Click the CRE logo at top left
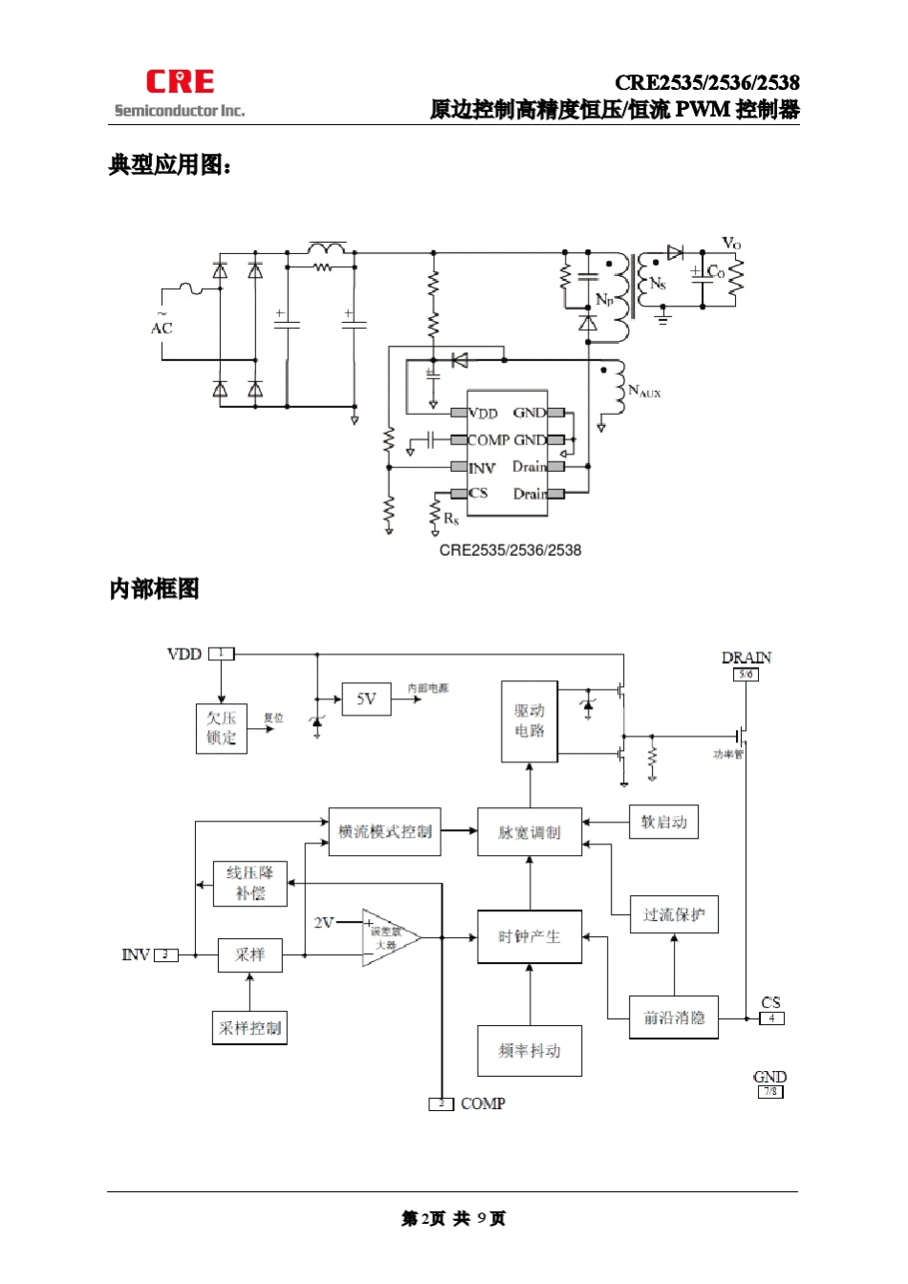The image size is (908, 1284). click(x=180, y=82)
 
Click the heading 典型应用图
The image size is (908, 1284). click(x=170, y=165)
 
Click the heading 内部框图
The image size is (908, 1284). click(x=154, y=589)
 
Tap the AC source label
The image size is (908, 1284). click(x=162, y=328)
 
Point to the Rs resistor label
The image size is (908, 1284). click(x=451, y=519)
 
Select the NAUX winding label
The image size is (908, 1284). click(x=644, y=391)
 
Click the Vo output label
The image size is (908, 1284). click(x=731, y=244)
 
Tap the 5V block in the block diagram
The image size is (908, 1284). click(x=366, y=699)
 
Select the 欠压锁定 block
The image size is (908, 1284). click(x=221, y=728)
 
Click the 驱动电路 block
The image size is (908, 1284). click(x=530, y=721)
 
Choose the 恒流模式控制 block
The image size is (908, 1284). click(x=384, y=831)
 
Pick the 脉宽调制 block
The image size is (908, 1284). click(x=530, y=832)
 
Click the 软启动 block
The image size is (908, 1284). click(x=663, y=822)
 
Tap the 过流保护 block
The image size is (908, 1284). click(x=674, y=914)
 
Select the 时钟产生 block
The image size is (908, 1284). click(x=530, y=936)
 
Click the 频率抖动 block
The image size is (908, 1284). click(x=530, y=1051)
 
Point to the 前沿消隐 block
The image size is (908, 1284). click(x=674, y=1017)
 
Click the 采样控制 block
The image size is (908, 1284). click(x=249, y=1028)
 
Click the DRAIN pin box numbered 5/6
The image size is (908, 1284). click(x=746, y=674)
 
